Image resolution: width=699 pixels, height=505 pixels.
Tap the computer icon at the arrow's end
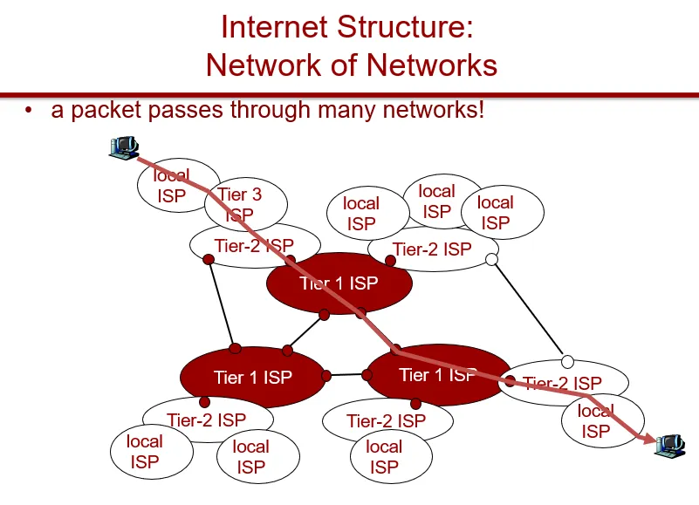[670, 445]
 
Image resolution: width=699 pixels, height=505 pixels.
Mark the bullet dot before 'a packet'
[30, 111]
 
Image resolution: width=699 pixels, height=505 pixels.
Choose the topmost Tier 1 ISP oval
[339, 283]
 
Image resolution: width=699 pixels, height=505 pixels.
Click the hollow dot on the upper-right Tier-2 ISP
[491, 259]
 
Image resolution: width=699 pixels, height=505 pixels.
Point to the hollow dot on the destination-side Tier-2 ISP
[567, 362]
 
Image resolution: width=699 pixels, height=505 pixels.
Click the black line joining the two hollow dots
[529, 311]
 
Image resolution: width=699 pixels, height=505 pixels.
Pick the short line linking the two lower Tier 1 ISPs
[347, 376]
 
